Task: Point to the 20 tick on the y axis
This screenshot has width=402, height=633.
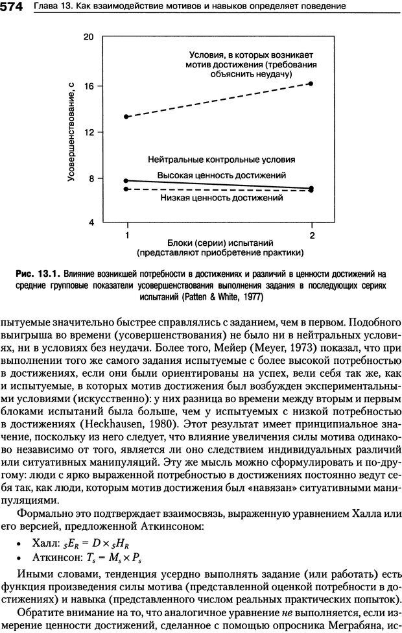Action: (x=89, y=37)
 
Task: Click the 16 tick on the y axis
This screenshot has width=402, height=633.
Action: (x=89, y=86)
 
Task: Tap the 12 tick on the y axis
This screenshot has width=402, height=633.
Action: (x=89, y=132)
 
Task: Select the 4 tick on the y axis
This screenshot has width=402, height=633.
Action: (x=91, y=222)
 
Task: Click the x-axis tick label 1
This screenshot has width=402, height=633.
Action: (x=126, y=234)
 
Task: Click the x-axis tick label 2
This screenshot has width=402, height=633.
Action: (x=312, y=234)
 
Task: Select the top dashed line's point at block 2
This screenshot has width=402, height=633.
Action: (x=311, y=84)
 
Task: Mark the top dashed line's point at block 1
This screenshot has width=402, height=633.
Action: (x=126, y=117)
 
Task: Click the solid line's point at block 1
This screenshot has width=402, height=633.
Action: (x=126, y=180)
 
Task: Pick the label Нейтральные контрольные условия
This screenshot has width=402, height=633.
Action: (x=221, y=159)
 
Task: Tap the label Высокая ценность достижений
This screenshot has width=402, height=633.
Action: (x=221, y=175)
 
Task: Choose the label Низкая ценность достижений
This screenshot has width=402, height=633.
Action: (x=221, y=197)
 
